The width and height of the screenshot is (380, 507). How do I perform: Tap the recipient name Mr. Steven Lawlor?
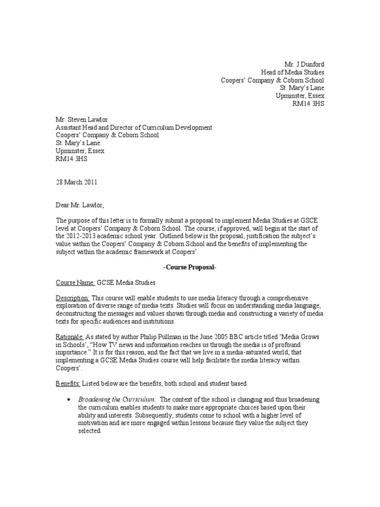tap(83, 120)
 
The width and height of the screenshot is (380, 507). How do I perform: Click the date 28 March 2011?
tap(77, 182)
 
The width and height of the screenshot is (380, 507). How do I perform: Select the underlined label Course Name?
tap(74, 283)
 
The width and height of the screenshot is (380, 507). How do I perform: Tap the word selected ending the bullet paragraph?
tap(90, 431)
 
